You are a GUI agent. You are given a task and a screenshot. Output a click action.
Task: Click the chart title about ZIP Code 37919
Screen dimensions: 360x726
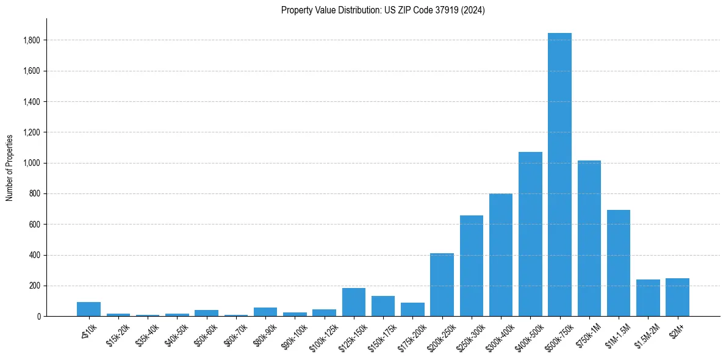(383, 10)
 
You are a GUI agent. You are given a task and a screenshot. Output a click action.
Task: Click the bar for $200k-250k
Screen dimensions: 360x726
(442, 284)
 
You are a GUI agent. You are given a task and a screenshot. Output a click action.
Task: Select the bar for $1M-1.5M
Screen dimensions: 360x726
(619, 263)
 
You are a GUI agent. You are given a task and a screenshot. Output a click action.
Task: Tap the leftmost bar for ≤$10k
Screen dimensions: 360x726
(88, 309)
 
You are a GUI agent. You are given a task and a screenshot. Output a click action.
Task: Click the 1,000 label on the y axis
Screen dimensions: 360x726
(32, 163)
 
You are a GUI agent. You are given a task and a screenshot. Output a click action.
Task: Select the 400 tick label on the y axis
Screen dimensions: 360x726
(35, 255)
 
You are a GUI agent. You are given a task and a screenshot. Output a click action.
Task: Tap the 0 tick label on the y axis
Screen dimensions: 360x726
(39, 317)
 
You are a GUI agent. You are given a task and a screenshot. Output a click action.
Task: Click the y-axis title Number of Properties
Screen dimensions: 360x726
(10, 167)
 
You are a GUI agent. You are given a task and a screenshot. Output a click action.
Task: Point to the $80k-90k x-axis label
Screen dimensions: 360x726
(263, 334)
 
